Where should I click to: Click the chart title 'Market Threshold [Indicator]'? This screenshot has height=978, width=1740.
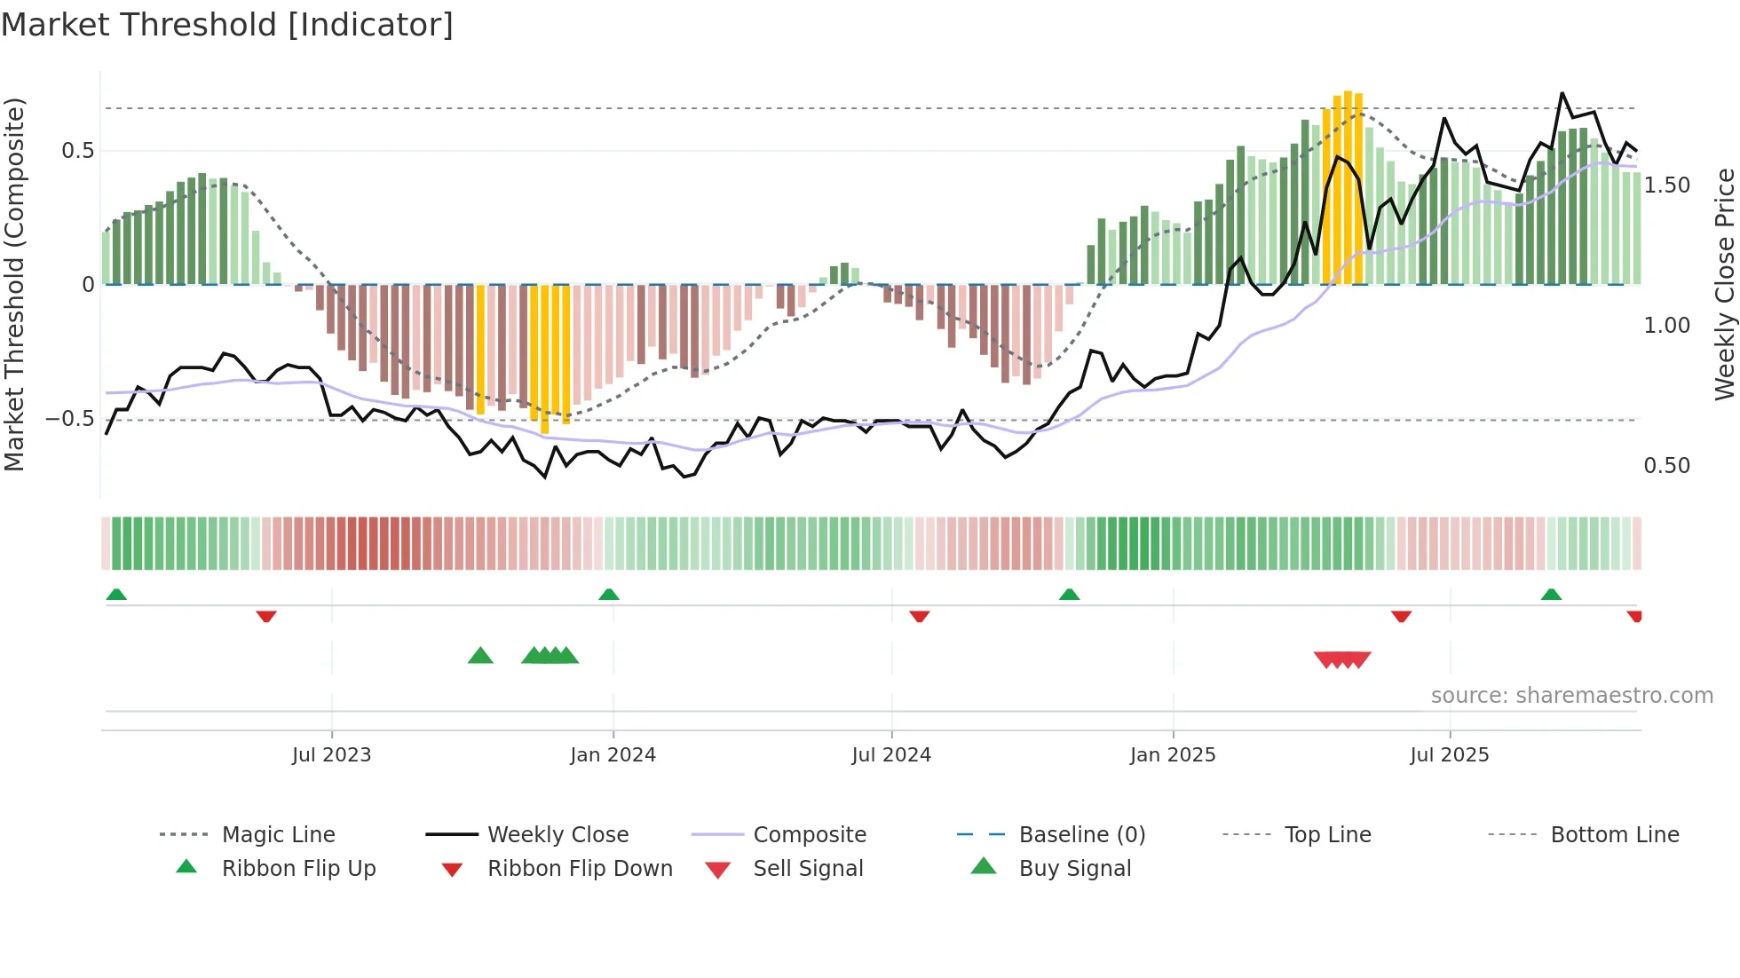click(x=227, y=25)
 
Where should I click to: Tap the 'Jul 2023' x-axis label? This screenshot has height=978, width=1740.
click(x=331, y=755)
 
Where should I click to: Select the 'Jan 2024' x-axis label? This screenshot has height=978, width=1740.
click(x=613, y=755)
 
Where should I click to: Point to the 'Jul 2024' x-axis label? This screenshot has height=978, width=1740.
click(x=891, y=755)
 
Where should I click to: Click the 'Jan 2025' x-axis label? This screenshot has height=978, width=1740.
click(x=1173, y=755)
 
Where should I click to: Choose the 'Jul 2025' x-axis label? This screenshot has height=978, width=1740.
click(x=1450, y=755)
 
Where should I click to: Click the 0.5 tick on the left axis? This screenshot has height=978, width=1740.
click(x=78, y=151)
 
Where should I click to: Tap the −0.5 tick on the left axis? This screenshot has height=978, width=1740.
click(x=70, y=419)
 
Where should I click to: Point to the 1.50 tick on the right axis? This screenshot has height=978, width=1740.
click(x=1666, y=185)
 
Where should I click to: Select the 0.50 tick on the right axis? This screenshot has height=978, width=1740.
click(x=1666, y=466)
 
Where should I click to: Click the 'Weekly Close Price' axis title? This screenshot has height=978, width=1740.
click(x=1724, y=284)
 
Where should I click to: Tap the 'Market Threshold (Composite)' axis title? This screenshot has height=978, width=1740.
click(x=14, y=284)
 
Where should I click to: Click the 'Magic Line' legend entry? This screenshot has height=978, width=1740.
click(x=278, y=835)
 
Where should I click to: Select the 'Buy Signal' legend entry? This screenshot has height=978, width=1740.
click(x=1074, y=869)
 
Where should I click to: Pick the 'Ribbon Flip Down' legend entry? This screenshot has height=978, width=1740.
click(x=580, y=869)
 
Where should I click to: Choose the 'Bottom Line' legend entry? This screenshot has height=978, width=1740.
click(x=1614, y=835)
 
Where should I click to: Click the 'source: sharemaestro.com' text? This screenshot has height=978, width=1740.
click(x=1571, y=696)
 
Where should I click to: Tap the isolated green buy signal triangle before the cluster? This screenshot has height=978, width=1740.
click(x=480, y=657)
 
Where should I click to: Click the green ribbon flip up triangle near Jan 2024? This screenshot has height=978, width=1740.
click(x=609, y=595)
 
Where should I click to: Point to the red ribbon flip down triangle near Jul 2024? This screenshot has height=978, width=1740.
click(x=920, y=616)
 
